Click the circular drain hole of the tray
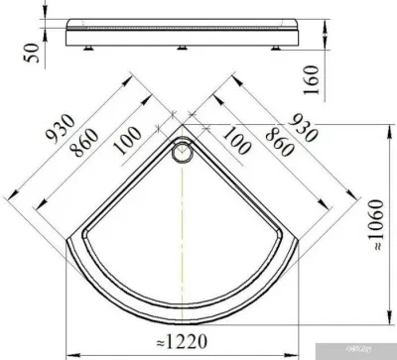pyautogui.click(x=183, y=153)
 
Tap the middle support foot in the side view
pyautogui.click(x=184, y=46)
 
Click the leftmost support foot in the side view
pyautogui.click(x=94, y=44)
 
